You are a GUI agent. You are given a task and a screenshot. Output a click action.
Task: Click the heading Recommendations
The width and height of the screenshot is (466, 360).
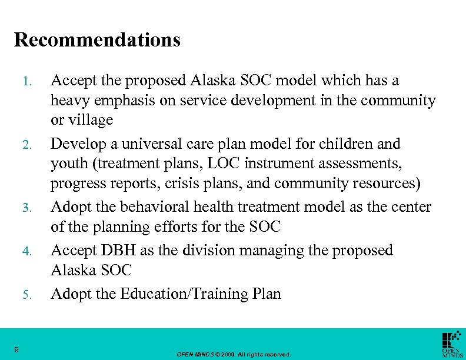click(97, 40)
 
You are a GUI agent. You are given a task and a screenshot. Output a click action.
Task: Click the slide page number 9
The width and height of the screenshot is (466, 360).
click(17, 351)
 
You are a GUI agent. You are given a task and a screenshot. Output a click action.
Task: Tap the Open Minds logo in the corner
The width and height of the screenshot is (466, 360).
click(452, 344)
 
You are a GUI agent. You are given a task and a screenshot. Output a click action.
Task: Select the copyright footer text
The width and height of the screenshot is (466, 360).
click(234, 355)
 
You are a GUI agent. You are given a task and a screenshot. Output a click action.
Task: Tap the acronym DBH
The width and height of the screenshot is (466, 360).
click(123, 250)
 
